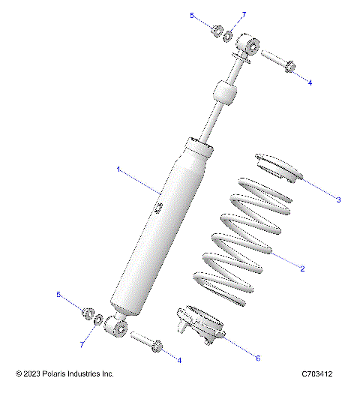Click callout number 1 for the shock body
[x=118, y=170]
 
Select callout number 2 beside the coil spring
[x=301, y=268]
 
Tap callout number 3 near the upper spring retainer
[x=338, y=199]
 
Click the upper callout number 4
[x=309, y=83]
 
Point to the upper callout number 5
[x=192, y=15]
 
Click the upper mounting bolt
[x=277, y=61]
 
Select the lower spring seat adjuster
[x=199, y=325]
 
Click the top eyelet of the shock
[x=247, y=48]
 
